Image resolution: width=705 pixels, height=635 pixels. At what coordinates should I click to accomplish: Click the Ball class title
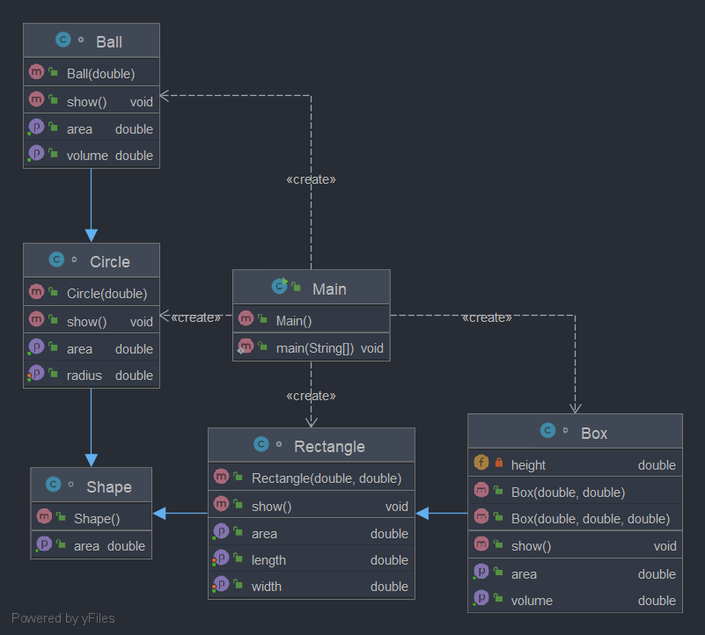pyautogui.click(x=109, y=41)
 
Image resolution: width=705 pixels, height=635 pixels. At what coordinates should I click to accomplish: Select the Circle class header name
pyautogui.click(x=110, y=261)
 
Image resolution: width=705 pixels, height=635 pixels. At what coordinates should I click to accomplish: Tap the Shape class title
pyautogui.click(x=109, y=486)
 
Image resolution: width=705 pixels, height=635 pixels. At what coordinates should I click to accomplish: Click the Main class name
pyautogui.click(x=329, y=288)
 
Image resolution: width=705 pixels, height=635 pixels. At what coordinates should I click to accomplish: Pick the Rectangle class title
pyautogui.click(x=329, y=447)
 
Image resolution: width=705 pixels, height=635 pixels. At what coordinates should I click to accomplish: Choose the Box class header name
pyautogui.click(x=594, y=433)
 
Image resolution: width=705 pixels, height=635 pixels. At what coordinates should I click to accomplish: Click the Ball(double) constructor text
pyautogui.click(x=100, y=73)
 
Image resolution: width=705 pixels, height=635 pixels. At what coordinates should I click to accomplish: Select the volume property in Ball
pyautogui.click(x=87, y=156)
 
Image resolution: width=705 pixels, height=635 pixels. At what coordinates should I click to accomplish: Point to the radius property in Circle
pyautogui.click(x=84, y=376)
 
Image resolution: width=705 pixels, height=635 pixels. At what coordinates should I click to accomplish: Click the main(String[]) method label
pyautogui.click(x=315, y=348)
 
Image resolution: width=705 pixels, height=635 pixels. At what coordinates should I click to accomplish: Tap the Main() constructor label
pyautogui.click(x=294, y=320)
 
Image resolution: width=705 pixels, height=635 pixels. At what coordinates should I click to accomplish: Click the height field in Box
pyautogui.click(x=528, y=465)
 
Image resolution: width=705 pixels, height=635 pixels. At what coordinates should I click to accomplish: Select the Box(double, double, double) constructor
pyautogui.click(x=591, y=518)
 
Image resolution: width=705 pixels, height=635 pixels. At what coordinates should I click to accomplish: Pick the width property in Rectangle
pyautogui.click(x=267, y=587)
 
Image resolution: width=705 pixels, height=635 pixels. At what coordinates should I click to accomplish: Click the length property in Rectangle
pyautogui.click(x=268, y=560)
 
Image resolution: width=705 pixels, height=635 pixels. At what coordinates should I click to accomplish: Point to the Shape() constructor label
pyautogui.click(x=97, y=518)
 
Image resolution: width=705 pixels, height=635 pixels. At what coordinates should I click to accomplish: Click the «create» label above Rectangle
pyautogui.click(x=311, y=396)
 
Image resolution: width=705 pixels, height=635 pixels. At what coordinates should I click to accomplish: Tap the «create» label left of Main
pyautogui.click(x=195, y=317)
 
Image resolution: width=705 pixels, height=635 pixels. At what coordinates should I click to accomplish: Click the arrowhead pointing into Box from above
pyautogui.click(x=576, y=407)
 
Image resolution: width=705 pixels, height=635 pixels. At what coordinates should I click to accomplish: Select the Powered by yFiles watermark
pyautogui.click(x=63, y=617)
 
